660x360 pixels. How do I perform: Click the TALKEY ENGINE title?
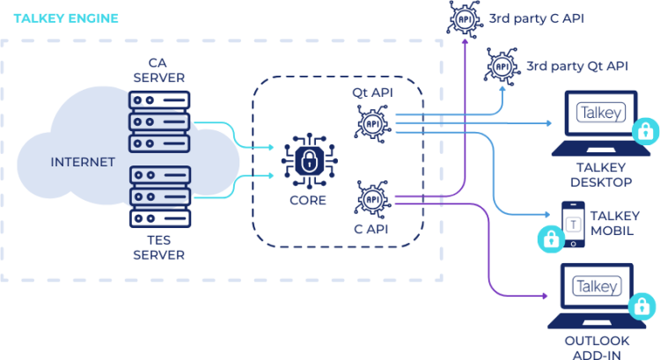67,18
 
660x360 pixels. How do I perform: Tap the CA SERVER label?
158,70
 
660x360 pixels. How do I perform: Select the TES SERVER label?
158,248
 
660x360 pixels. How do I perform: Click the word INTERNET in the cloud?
83,162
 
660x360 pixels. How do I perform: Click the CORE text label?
307,200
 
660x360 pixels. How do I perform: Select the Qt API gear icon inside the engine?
374,122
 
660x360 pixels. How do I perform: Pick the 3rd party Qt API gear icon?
501,65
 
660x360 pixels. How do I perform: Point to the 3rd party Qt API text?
576,65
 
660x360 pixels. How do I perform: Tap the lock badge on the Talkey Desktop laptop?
645,133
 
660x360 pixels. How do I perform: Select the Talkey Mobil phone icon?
574,224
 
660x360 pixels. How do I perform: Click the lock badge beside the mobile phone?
551,238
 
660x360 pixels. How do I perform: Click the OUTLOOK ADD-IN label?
598,347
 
